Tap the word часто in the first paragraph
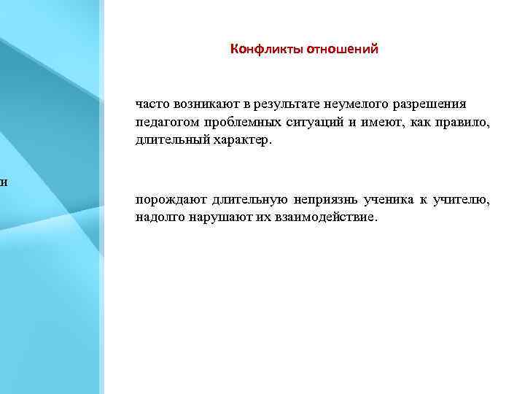pyautogui.click(x=151, y=104)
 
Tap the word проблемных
pyautogui.click(x=230, y=122)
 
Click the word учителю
pyautogui.click(x=462, y=200)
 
